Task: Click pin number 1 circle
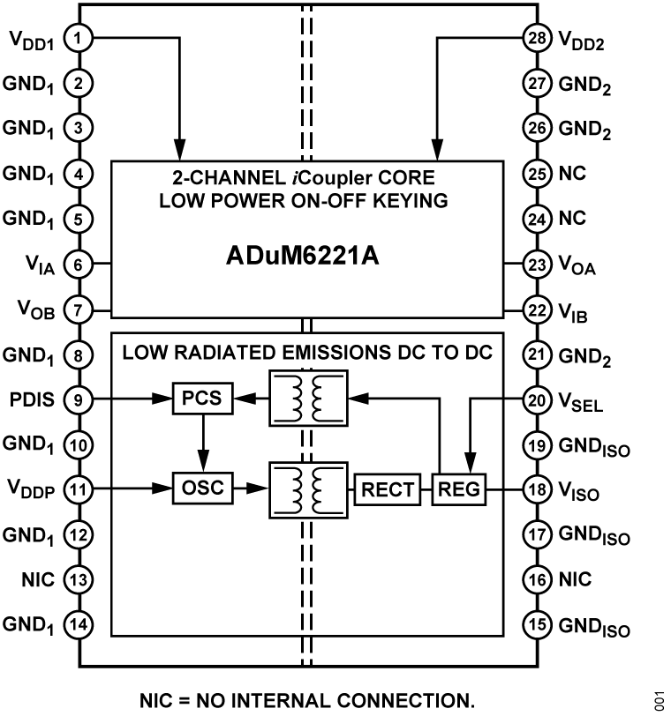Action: (x=79, y=38)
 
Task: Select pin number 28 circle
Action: (x=537, y=38)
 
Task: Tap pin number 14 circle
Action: (x=79, y=625)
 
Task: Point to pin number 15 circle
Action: (x=537, y=625)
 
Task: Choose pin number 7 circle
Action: (x=79, y=310)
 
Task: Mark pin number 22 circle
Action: (x=537, y=310)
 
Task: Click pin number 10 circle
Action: (x=79, y=445)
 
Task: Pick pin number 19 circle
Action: (x=537, y=445)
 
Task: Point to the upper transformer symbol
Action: (x=307, y=399)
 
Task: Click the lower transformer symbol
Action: (x=307, y=489)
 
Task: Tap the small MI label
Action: (x=306, y=354)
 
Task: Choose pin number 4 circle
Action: (x=79, y=174)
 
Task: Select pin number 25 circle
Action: (x=537, y=174)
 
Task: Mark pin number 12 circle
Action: (x=79, y=534)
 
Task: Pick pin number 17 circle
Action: (x=537, y=534)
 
